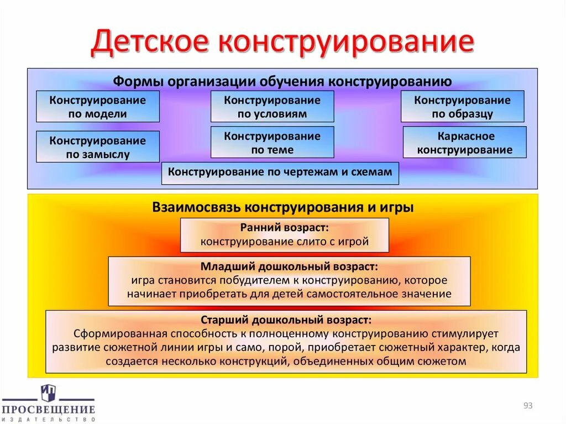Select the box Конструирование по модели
pos(98,107)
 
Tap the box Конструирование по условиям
pos(272,107)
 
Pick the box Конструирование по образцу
pos(462,107)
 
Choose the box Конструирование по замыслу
pos(98,146)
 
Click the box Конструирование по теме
pos(272,142)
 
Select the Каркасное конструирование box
pos(464,142)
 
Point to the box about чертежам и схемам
pos(280,172)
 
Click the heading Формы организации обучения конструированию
pos(282,81)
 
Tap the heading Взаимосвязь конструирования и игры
pos(282,207)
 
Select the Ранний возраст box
pos(284,235)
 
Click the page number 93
pos(527,406)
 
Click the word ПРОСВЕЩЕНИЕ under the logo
pos(48,410)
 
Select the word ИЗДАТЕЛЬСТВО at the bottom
pos(48,419)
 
